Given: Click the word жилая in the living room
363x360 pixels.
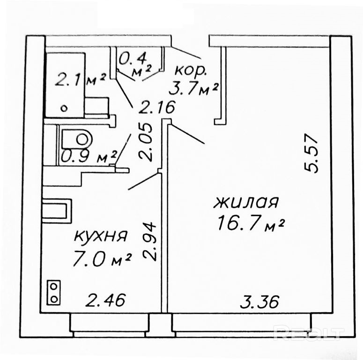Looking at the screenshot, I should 247,203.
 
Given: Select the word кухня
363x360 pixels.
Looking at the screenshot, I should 101,236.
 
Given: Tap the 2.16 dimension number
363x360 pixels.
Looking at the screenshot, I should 156,108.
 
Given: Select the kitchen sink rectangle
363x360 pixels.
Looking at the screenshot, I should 57,210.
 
